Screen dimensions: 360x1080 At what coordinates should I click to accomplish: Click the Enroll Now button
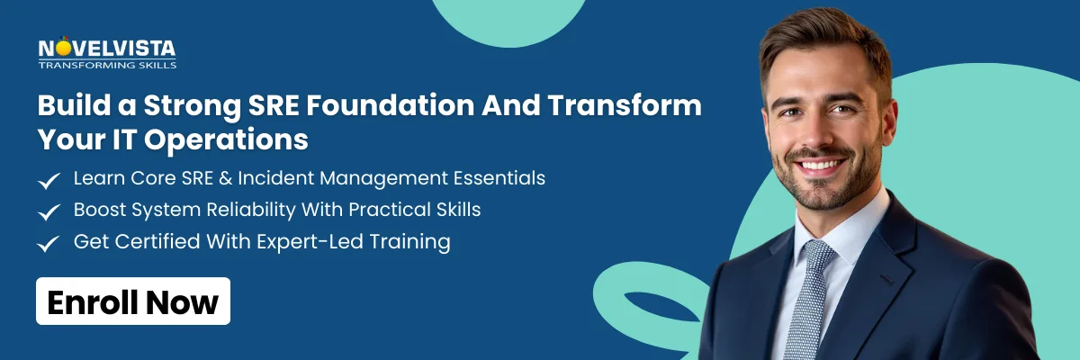point(133,301)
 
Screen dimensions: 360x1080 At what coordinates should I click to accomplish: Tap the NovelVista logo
point(106,49)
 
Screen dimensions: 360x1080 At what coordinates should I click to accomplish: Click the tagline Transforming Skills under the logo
point(107,65)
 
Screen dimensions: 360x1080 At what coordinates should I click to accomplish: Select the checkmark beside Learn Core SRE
point(49,180)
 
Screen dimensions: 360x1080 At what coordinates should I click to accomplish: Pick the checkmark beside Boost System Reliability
point(49,211)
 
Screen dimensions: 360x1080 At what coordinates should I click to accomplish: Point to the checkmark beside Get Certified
point(49,243)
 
